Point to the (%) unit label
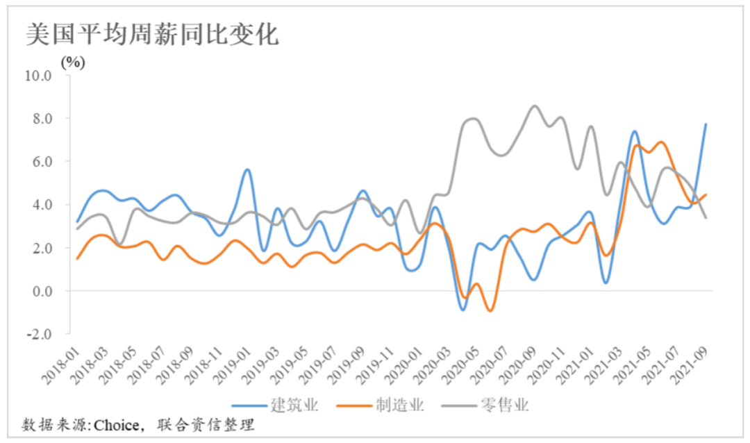tap(73, 62)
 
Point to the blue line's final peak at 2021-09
tap(706, 124)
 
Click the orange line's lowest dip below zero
tap(490, 310)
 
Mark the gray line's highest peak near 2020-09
tap(533, 106)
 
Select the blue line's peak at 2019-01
tap(247, 169)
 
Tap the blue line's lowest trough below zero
tap(463, 310)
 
